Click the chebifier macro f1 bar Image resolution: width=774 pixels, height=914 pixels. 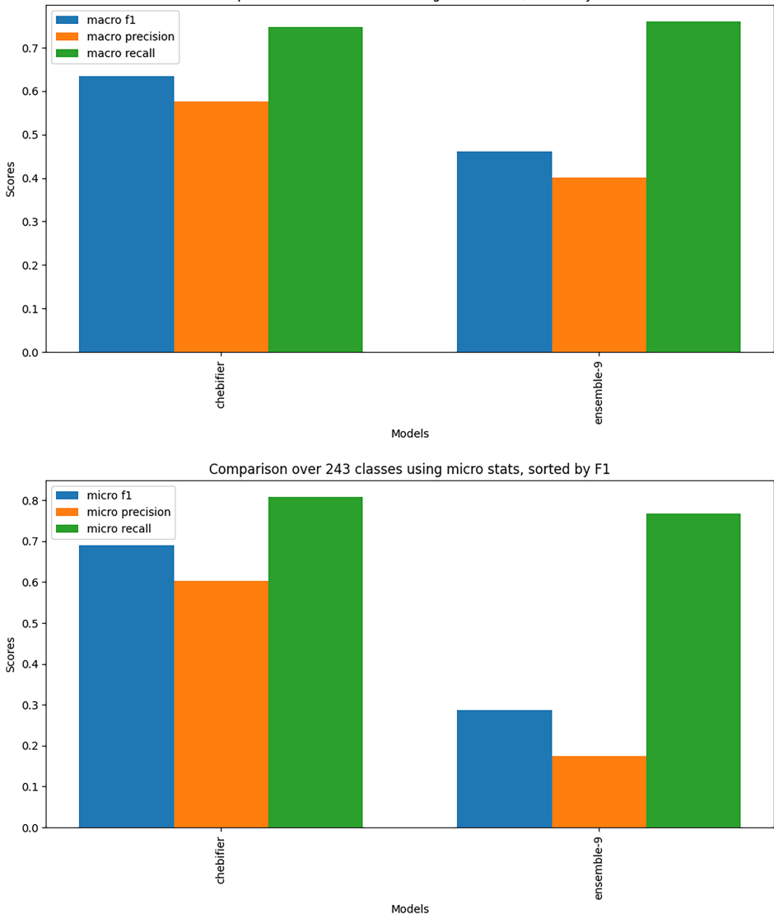point(126,214)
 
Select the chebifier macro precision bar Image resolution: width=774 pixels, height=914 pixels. point(221,227)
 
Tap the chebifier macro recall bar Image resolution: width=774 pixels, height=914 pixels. point(315,190)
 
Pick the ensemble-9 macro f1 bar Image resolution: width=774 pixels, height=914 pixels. point(504,252)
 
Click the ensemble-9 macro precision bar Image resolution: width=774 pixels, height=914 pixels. point(599,265)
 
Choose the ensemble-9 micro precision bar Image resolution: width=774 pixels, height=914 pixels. point(599,792)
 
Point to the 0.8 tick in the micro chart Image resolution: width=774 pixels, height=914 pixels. point(31,500)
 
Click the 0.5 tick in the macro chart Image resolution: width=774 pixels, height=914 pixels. point(31,135)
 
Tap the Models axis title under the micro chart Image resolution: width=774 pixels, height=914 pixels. point(409,908)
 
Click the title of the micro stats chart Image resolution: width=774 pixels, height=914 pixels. point(409,469)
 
